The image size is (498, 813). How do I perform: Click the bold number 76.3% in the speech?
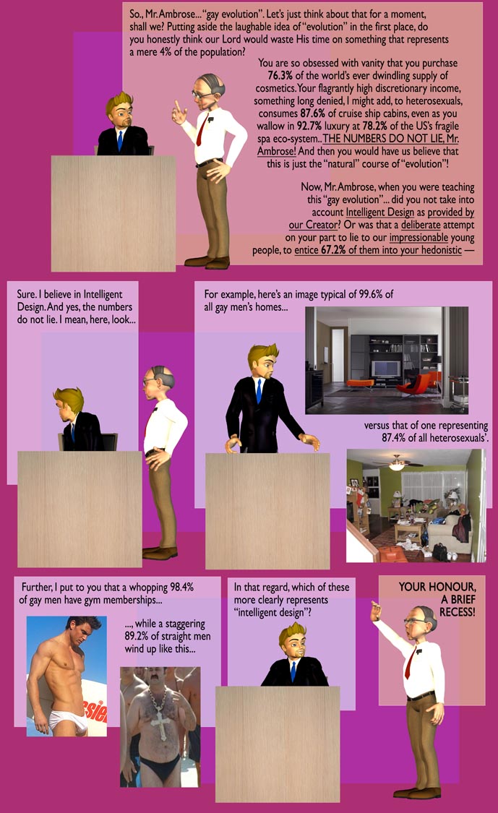[280, 75]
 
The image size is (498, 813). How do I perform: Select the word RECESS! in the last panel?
[457, 612]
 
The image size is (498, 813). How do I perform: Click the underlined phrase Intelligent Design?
[379, 212]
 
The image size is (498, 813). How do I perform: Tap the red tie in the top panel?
[202, 129]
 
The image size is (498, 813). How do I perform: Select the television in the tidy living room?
[385, 369]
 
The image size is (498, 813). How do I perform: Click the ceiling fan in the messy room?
[396, 463]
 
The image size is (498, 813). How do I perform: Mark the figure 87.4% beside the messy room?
[395, 438]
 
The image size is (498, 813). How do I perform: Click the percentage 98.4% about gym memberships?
[181, 587]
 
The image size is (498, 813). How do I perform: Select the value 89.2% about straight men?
[137, 636]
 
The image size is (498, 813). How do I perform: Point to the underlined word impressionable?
[418, 238]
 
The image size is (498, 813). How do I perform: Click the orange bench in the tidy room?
[359, 384]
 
